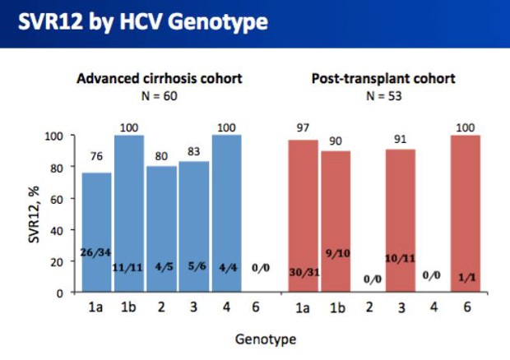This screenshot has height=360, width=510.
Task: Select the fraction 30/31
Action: [304, 272]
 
